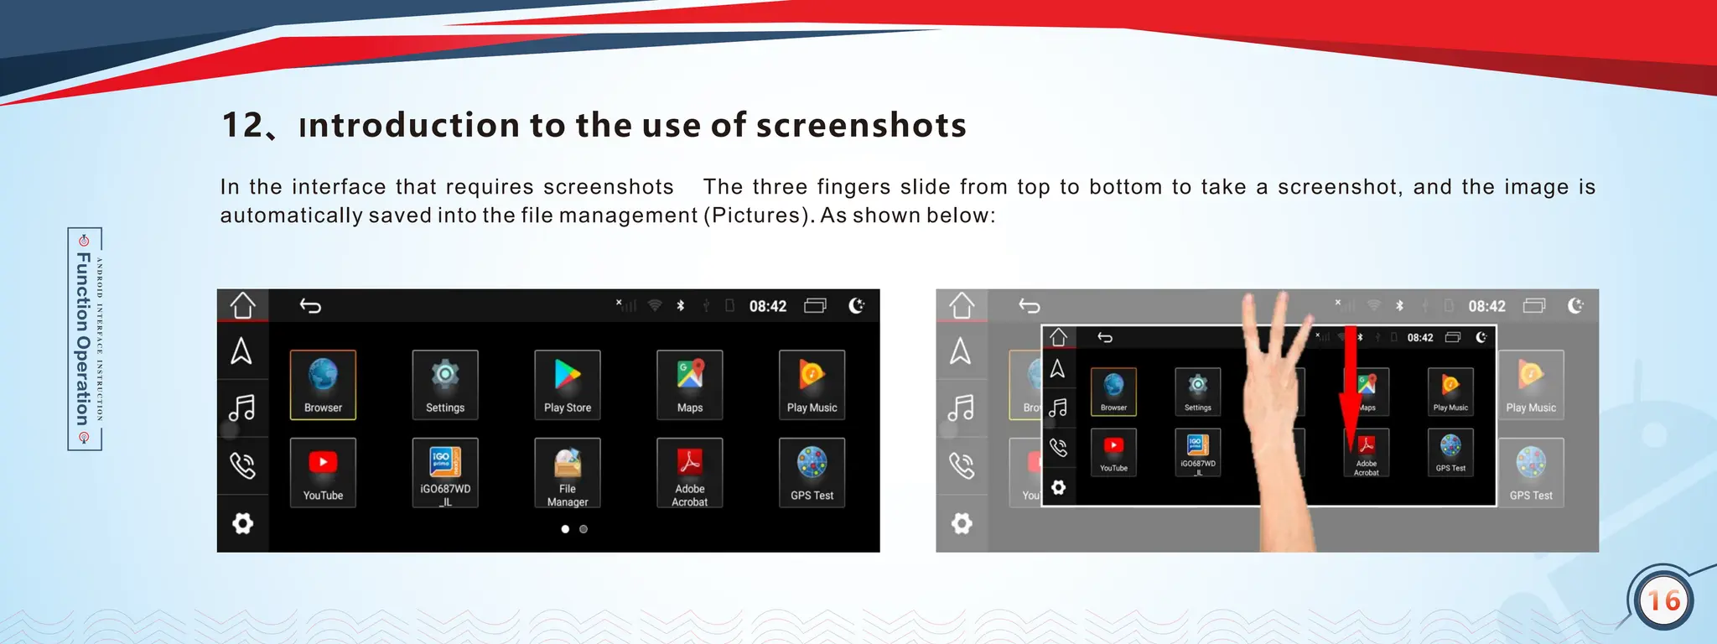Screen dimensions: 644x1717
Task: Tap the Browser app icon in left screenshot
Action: [323, 384]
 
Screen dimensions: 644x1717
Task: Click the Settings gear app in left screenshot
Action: [445, 384]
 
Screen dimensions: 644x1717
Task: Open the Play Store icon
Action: [568, 384]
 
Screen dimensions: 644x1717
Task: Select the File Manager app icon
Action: [568, 473]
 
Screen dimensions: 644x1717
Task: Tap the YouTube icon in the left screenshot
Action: [323, 473]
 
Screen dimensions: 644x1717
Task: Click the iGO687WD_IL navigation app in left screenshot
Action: [445, 473]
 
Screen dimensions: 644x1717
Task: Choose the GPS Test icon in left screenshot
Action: [812, 473]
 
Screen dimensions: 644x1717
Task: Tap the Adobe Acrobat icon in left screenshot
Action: [689, 473]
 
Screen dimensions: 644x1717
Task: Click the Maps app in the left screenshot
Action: [689, 384]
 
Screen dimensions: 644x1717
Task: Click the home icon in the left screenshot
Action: [243, 305]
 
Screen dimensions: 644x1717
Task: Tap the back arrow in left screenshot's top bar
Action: [310, 306]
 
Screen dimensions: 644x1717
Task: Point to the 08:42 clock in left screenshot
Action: [767, 306]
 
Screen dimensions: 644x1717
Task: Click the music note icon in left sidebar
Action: [242, 408]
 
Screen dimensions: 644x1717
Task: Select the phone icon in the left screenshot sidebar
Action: [242, 465]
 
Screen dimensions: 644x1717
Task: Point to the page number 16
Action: [1663, 600]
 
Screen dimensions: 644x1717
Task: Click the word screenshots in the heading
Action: [861, 126]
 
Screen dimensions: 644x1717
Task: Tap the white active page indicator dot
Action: [565, 529]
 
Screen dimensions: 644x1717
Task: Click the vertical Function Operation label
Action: [84, 339]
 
